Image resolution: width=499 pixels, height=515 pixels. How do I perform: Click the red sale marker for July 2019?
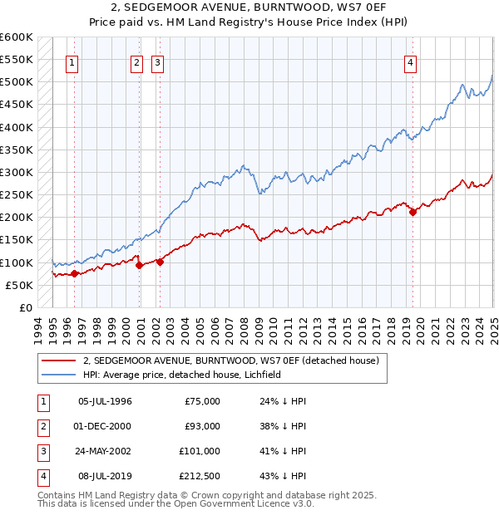[x=413, y=212]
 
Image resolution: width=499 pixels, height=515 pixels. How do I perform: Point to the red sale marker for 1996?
[x=74, y=273]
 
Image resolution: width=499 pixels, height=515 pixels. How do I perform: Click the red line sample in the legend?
[x=58, y=360]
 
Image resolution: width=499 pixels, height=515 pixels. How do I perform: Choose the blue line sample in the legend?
[x=58, y=375]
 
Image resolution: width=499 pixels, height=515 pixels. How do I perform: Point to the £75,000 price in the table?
[x=201, y=401]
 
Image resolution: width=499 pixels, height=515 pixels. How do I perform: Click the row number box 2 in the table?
[x=42, y=426]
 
